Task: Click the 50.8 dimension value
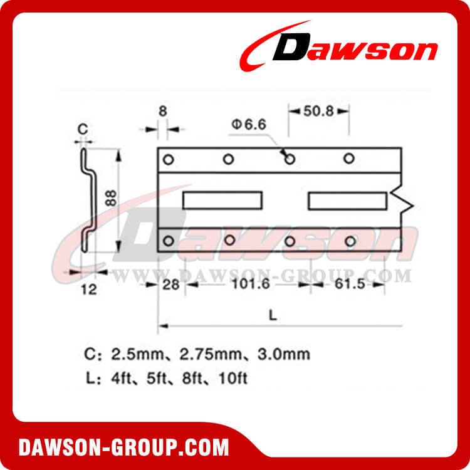(318, 111)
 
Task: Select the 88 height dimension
(110, 199)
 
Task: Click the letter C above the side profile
(82, 130)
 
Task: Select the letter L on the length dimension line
(273, 316)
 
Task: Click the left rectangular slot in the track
(222, 201)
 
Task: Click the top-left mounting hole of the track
(168, 159)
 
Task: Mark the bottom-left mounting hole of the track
(168, 241)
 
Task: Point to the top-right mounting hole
(350, 159)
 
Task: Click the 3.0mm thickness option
(286, 355)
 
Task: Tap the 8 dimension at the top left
(163, 111)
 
